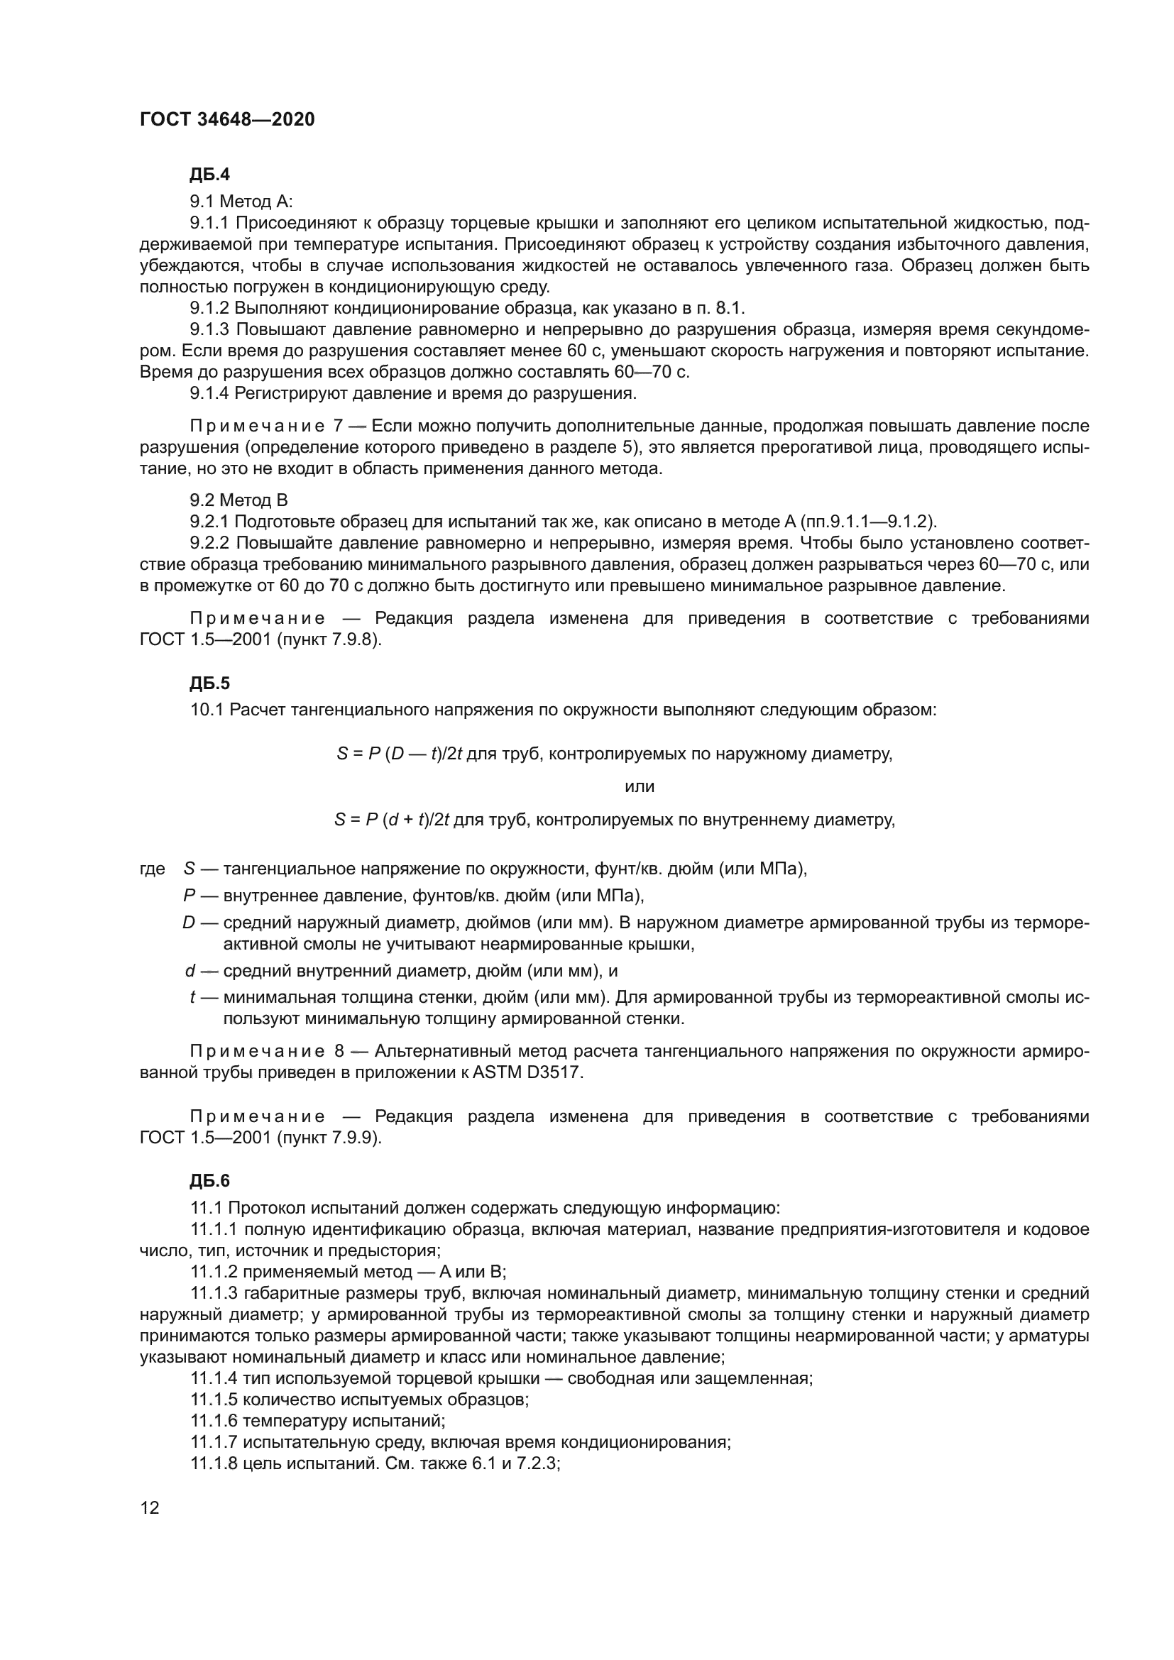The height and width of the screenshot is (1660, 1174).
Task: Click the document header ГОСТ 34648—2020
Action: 227,120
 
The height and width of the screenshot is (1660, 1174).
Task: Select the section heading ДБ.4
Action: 209,175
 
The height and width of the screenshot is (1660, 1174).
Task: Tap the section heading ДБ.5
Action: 209,683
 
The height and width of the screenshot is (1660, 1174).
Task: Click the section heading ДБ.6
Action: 209,1181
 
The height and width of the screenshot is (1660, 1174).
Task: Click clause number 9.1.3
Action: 209,330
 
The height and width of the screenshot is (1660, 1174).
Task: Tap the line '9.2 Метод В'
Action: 238,500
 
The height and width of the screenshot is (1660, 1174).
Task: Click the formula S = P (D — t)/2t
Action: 399,754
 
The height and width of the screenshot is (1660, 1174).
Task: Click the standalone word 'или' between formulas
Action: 639,786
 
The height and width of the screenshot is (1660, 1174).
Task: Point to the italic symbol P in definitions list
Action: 190,896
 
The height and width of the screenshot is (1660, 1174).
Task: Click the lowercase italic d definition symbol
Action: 190,971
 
